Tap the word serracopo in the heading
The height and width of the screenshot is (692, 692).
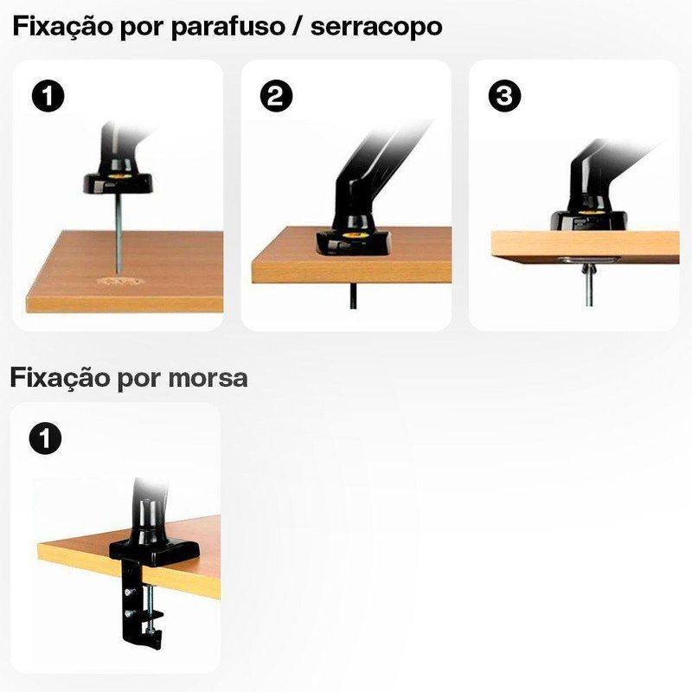376,27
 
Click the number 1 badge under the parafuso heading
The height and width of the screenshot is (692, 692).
48,96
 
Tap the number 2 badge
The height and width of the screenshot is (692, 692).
276,96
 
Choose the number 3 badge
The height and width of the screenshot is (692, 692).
504,96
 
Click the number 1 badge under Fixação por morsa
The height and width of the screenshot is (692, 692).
45,439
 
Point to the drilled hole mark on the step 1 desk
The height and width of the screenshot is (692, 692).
118,281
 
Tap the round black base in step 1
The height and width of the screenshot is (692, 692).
119,182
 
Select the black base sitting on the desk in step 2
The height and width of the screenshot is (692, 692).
354,242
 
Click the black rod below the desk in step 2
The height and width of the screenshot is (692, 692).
353,296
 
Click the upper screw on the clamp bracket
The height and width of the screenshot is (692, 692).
128,593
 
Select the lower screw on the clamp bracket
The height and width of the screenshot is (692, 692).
128,613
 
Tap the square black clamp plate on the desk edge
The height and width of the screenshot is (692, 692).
154,551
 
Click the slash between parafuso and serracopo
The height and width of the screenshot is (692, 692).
298,28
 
